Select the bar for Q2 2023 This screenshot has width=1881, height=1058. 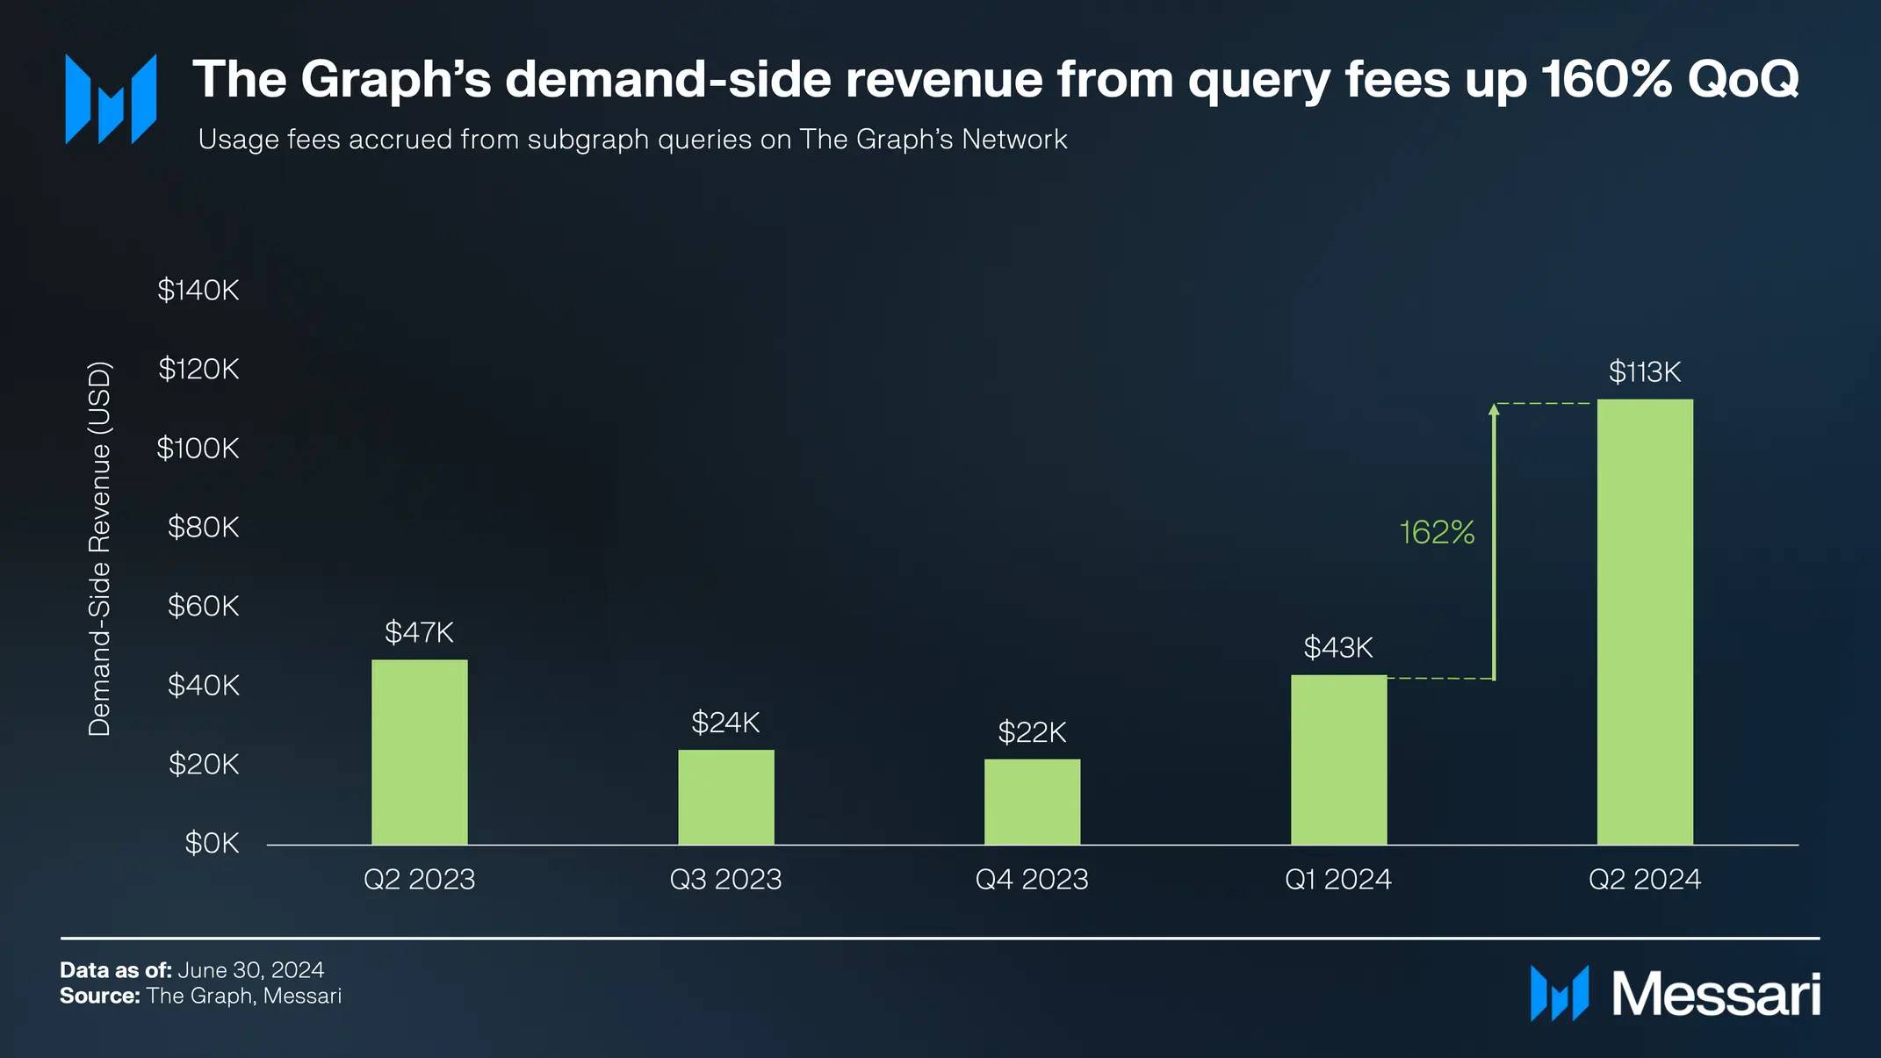(419, 752)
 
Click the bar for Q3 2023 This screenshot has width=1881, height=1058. (725, 797)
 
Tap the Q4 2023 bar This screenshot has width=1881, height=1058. (1032, 802)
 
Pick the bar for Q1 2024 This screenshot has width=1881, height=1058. (1338, 759)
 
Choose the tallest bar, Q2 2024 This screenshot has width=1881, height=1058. (1645, 622)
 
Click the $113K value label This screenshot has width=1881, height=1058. (1645, 372)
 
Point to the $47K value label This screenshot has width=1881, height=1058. (419, 632)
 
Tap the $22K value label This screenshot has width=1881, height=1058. (1032, 732)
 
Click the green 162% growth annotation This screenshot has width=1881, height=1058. (1437, 532)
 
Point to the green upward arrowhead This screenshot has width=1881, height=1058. (1494, 409)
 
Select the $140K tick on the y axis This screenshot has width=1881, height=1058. (198, 290)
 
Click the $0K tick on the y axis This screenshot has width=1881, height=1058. (212, 843)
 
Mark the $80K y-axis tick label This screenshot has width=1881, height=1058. (203, 527)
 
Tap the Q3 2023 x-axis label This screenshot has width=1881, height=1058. (725, 879)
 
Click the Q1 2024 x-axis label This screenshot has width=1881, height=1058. (1338, 879)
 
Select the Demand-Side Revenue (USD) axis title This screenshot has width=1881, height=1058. (100, 549)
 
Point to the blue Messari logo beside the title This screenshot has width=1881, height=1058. (111, 98)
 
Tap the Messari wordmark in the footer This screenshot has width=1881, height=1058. (1716, 995)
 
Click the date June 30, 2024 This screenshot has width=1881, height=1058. (251, 970)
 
